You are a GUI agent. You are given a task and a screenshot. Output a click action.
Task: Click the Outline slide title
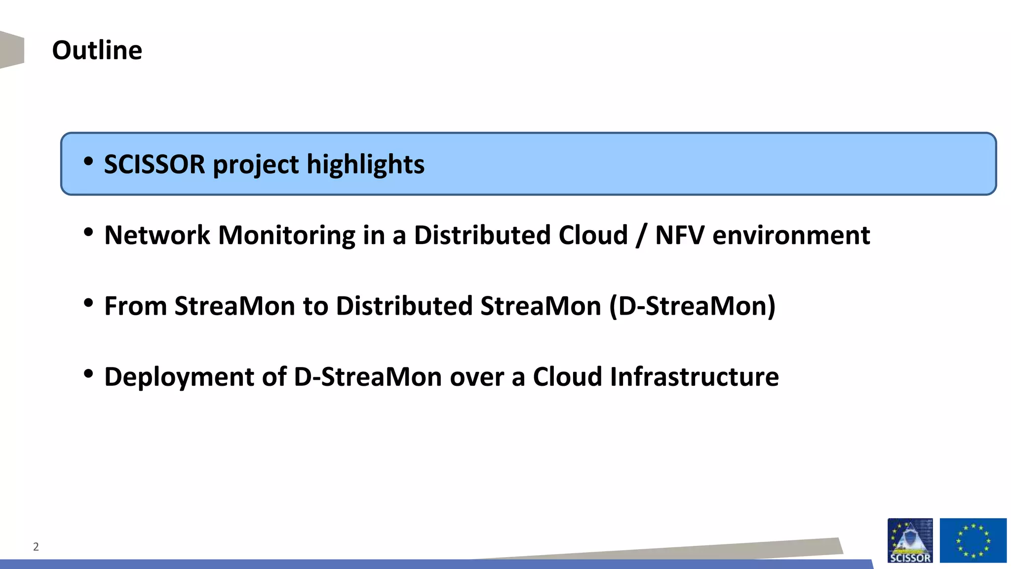pos(97,50)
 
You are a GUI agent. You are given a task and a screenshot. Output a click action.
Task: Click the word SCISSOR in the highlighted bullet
pos(154,164)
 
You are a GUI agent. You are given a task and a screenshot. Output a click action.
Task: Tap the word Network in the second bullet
pos(157,235)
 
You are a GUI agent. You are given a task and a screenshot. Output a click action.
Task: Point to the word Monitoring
pos(286,235)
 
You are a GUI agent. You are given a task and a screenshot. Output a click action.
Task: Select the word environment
pos(791,235)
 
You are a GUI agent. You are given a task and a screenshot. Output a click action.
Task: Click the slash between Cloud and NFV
pos(641,235)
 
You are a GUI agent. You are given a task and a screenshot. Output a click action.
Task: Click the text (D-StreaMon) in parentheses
pos(692,306)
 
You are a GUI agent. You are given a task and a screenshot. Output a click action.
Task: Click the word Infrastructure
pos(694,377)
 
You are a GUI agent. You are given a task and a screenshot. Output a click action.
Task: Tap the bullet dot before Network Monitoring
pos(88,232)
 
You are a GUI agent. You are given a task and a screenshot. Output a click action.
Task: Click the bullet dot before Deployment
pos(88,374)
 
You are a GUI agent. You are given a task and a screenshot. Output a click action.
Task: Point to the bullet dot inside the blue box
pos(88,161)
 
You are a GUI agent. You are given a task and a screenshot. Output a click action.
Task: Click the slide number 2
pos(36,547)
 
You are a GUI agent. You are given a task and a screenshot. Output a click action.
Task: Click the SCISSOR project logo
pos(910,540)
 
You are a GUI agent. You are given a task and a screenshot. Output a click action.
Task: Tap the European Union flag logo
pos(972,540)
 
